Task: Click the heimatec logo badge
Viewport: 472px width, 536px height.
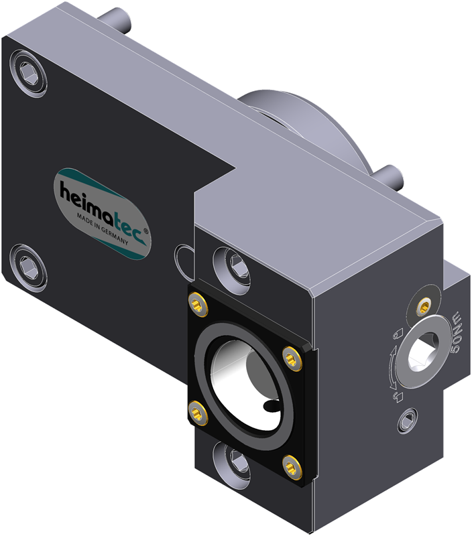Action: (102, 214)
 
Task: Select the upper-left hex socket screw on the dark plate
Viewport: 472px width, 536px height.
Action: (28, 72)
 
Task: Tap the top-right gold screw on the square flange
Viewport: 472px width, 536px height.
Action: (292, 358)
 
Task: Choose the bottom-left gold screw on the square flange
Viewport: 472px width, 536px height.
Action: (198, 413)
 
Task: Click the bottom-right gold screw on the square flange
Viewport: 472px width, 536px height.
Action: (292, 466)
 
